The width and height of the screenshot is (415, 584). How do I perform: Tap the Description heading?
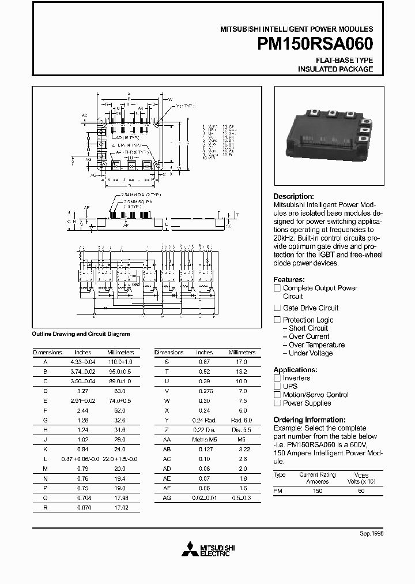[x=293, y=196]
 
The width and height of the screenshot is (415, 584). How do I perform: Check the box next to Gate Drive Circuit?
[x=277, y=308]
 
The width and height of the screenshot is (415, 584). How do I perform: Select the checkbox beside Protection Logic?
[x=277, y=320]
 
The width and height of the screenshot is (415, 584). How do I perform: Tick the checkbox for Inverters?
[x=277, y=378]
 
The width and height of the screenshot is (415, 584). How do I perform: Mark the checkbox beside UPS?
[x=277, y=386]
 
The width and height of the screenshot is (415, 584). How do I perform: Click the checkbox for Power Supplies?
[x=277, y=403]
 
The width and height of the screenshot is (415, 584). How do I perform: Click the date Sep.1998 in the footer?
[x=371, y=533]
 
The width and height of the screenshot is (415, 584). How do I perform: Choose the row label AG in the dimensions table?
[x=168, y=497]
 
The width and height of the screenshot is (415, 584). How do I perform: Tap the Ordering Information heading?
[x=309, y=420]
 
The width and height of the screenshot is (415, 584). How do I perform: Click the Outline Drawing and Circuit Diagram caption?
[x=81, y=334]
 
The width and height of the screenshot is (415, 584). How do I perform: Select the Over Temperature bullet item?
[x=316, y=345]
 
